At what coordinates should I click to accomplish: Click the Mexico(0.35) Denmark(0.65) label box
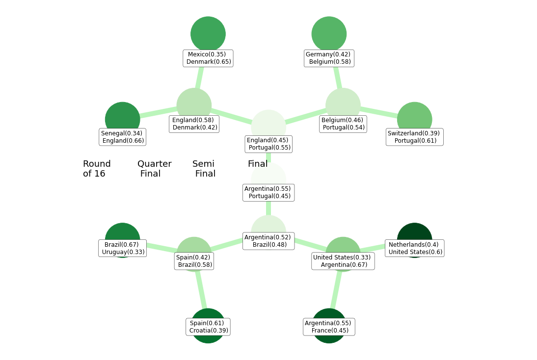[x=208, y=58]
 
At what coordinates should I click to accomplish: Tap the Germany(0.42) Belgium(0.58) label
[x=328, y=58]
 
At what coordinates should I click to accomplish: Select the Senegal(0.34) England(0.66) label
[x=122, y=137]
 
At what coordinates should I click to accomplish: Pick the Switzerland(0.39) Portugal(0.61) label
[x=414, y=137]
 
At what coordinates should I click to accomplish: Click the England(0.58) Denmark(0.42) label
[x=194, y=124]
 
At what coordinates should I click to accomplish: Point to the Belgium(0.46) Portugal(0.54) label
[x=343, y=124]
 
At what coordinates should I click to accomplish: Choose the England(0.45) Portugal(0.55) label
[x=268, y=144]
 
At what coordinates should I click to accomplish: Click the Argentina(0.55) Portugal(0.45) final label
[x=268, y=193]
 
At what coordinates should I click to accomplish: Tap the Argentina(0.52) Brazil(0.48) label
[x=268, y=241]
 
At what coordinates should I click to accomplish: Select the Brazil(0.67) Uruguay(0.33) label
[x=122, y=249]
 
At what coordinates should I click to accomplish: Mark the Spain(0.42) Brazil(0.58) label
[x=194, y=261]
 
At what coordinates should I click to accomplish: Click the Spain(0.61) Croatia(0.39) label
[x=208, y=327]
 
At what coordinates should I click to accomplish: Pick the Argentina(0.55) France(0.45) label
[x=328, y=327]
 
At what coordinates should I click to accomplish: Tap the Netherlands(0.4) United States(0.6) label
[x=415, y=249]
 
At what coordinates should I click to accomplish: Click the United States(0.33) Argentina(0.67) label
[x=343, y=261]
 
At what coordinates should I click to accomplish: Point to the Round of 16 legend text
[x=96, y=169]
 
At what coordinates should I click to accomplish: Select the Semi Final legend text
[x=204, y=169]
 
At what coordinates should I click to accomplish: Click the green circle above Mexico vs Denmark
[x=208, y=32]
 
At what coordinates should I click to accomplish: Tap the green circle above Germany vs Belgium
[x=329, y=32]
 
